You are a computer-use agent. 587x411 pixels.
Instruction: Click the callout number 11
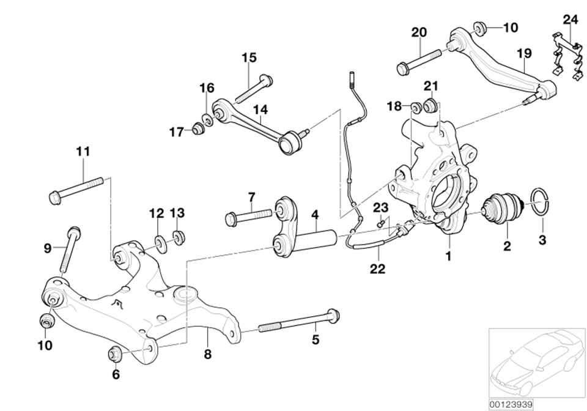tap(83, 151)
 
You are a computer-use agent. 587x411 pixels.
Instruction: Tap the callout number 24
tap(570, 20)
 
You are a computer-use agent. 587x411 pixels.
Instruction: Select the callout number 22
tap(378, 268)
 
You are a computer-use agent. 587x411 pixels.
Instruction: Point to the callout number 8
tap(207, 354)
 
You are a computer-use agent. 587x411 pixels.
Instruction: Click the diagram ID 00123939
tap(511, 404)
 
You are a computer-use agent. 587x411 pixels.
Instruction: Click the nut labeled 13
tap(179, 237)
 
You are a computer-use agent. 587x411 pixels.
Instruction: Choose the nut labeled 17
tap(198, 129)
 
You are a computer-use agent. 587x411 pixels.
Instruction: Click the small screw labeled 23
tap(380, 224)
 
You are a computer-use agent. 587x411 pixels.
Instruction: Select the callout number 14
tap(260, 109)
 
